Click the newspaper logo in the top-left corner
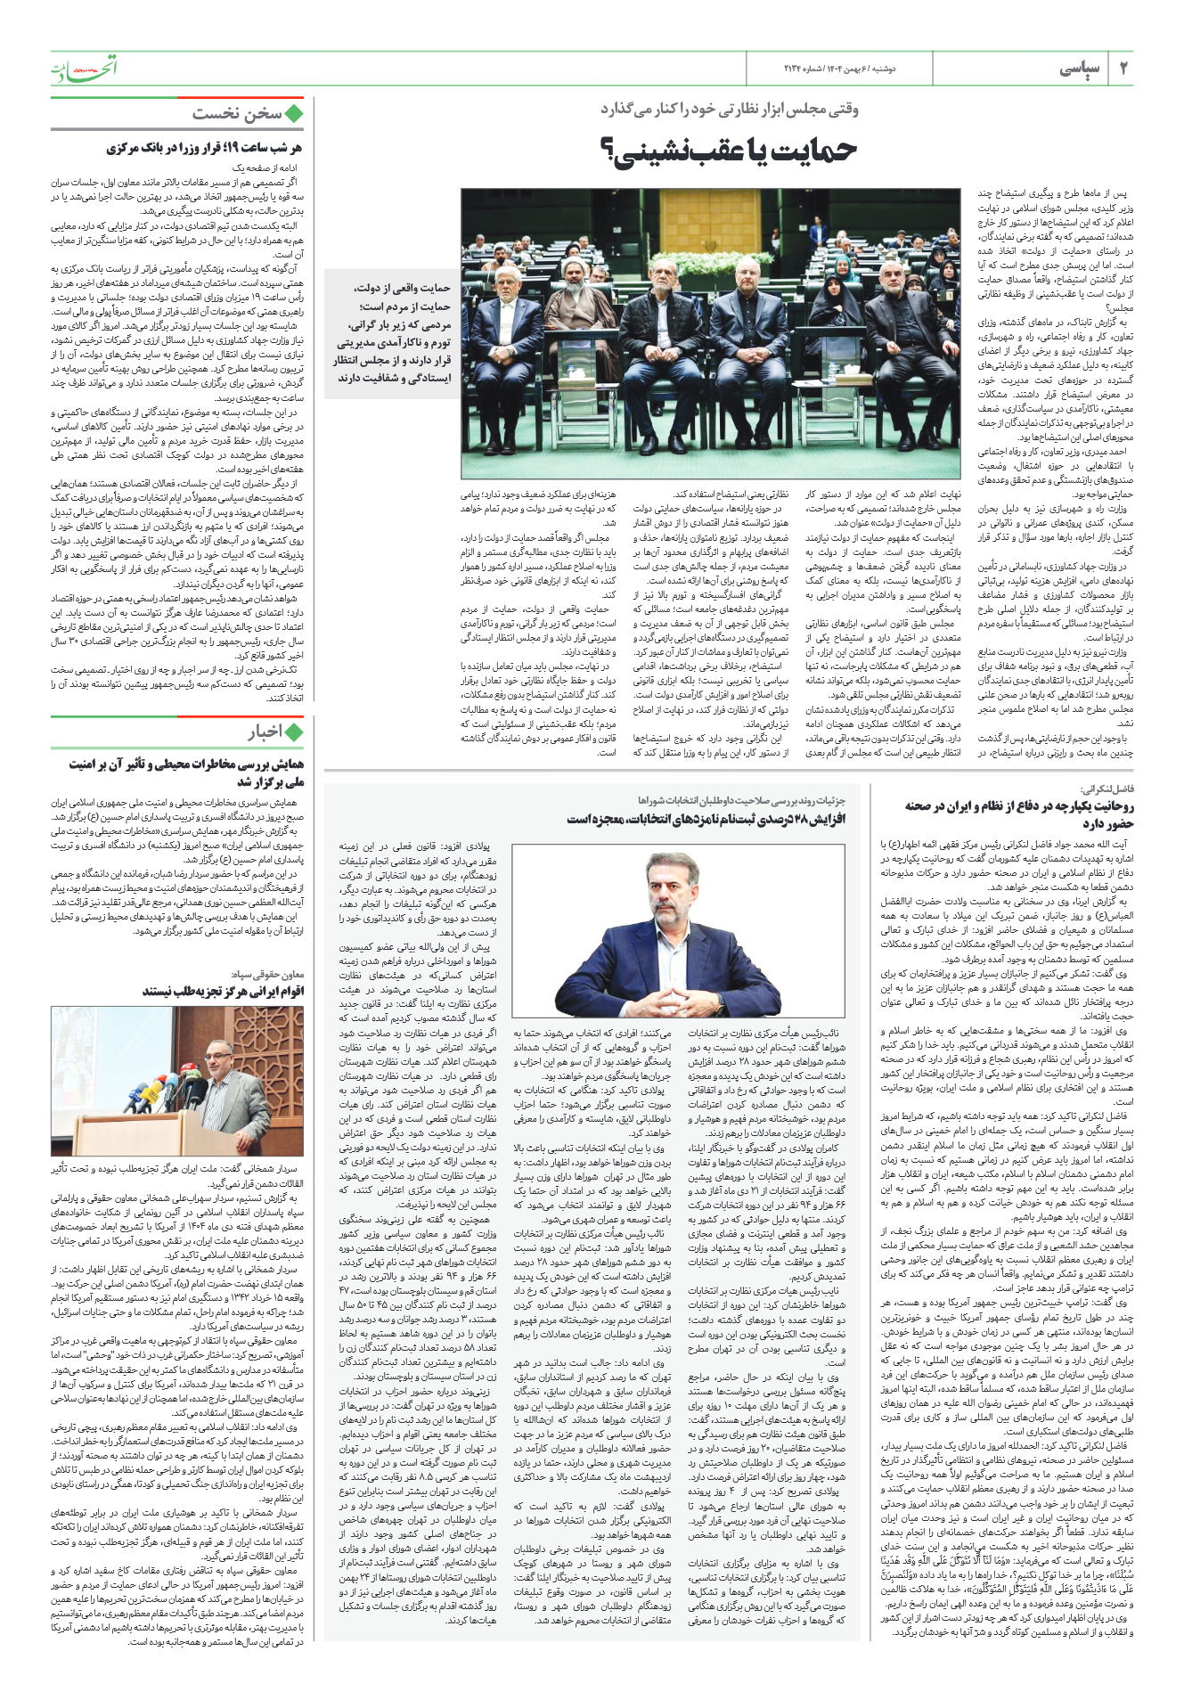pyautogui.click(x=84, y=69)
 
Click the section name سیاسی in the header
pyautogui.click(x=1081, y=69)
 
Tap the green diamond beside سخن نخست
pyautogui.click(x=294, y=113)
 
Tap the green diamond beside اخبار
pyautogui.click(x=294, y=732)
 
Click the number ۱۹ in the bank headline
pyautogui.click(x=233, y=148)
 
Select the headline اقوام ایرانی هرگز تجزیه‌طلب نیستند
pyautogui.click(x=223, y=991)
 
